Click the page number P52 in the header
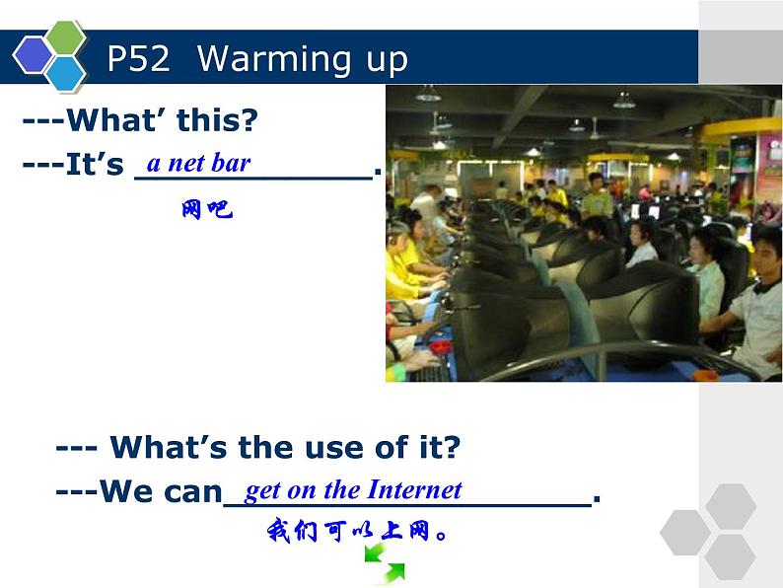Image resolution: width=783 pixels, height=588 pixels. tap(138, 59)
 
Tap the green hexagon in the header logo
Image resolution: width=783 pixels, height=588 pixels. tap(66, 37)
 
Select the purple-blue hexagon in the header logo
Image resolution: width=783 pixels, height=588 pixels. tap(34, 54)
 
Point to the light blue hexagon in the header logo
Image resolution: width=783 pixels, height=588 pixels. tap(66, 73)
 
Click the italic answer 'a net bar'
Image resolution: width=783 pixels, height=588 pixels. tap(198, 163)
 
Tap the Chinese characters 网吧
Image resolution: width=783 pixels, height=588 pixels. tap(206, 209)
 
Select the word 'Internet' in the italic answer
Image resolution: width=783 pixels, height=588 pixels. tap(414, 489)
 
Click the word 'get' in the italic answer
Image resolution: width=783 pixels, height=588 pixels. tap(263, 490)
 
